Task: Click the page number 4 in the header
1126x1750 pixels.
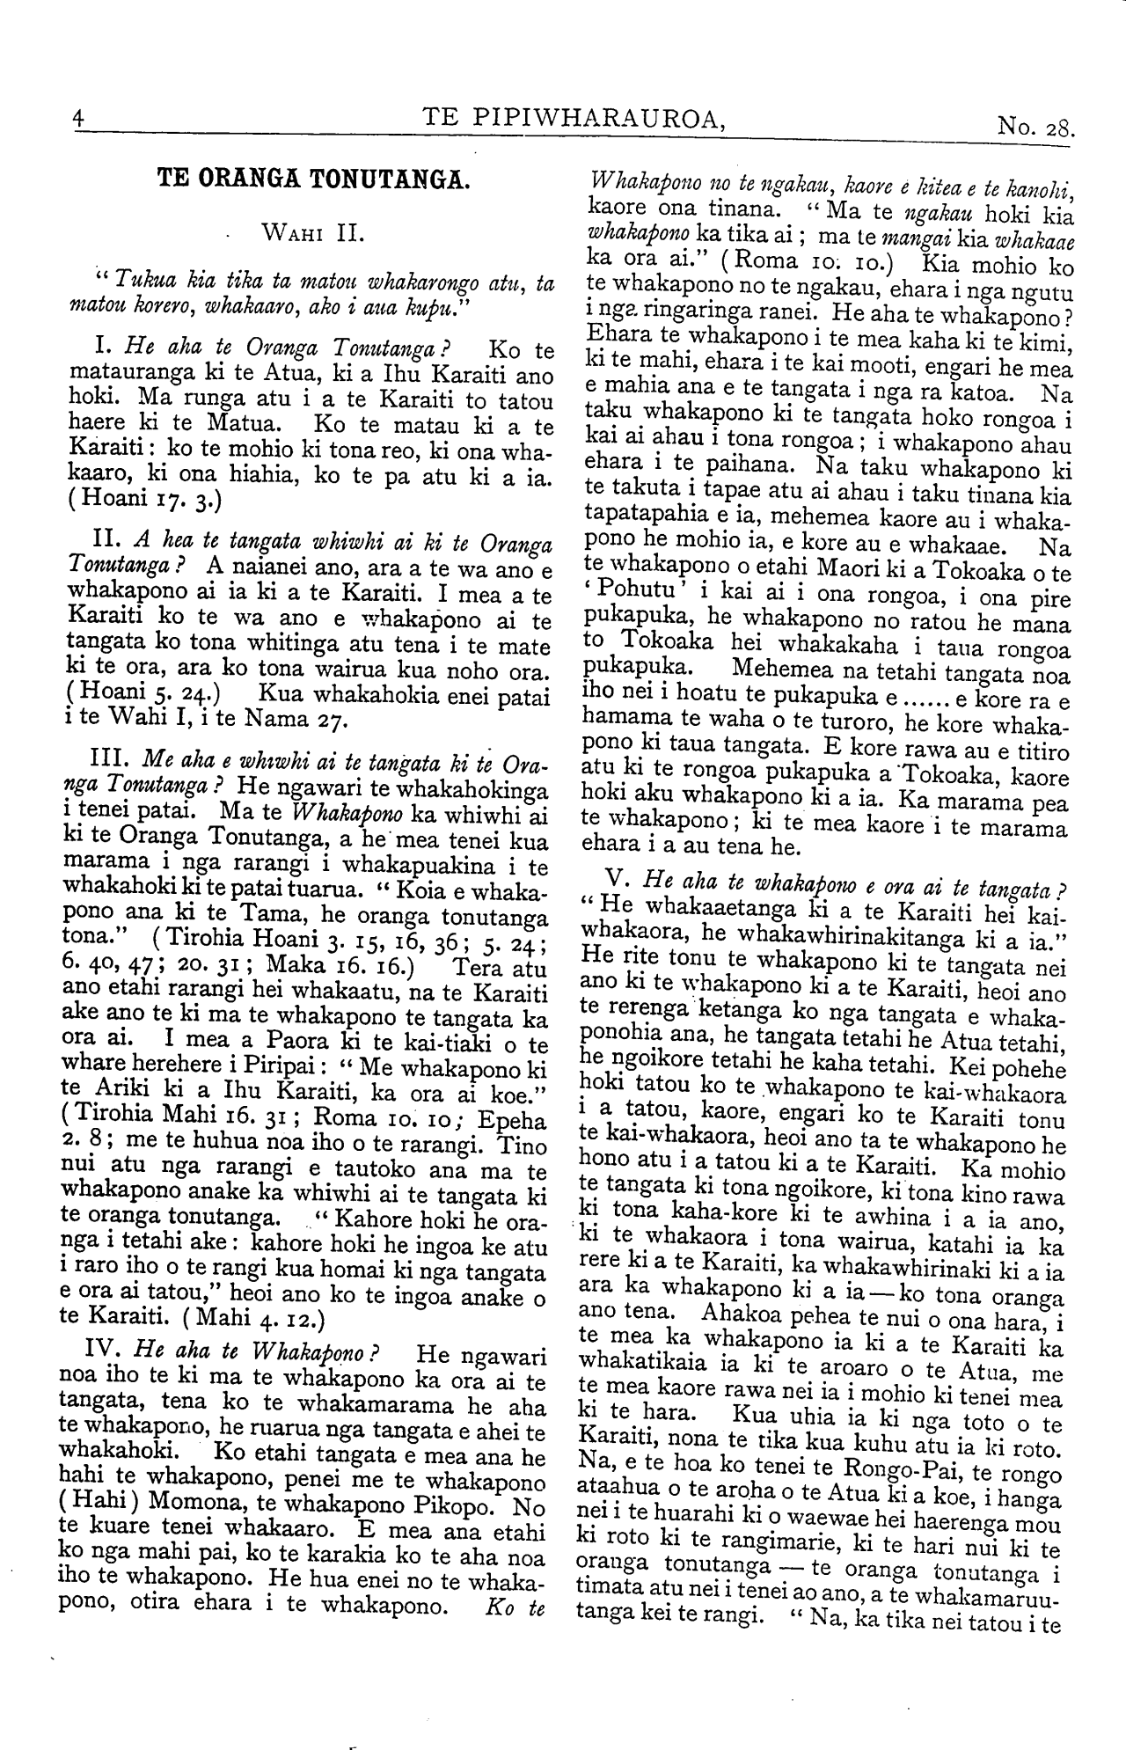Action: click(78, 118)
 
